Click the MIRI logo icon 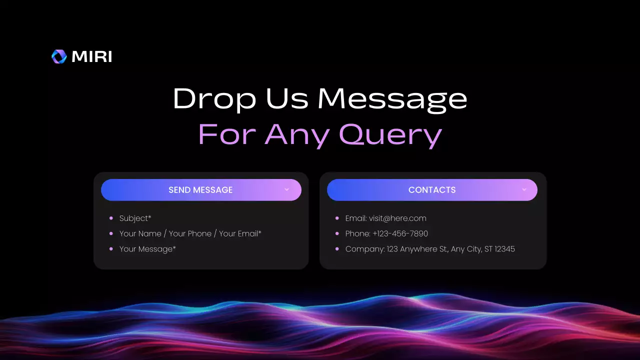[59, 56]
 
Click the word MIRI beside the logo [92, 57]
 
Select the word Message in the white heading [392, 99]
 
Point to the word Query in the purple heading [390, 134]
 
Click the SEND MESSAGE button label [200, 190]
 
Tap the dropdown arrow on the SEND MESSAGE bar [286, 190]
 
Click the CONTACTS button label [432, 190]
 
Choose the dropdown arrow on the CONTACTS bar [524, 190]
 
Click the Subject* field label [135, 218]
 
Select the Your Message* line [147, 249]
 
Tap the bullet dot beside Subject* [111, 218]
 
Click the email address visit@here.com [397, 218]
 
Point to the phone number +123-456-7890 [400, 233]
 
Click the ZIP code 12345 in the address [504, 249]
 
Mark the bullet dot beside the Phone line [337, 233]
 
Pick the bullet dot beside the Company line [337, 249]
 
